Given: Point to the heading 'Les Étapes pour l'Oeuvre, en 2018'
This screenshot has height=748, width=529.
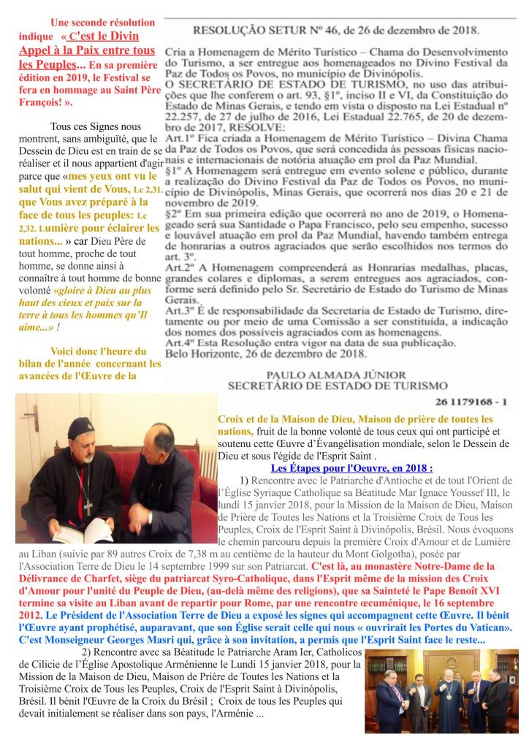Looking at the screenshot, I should click(x=351, y=468).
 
